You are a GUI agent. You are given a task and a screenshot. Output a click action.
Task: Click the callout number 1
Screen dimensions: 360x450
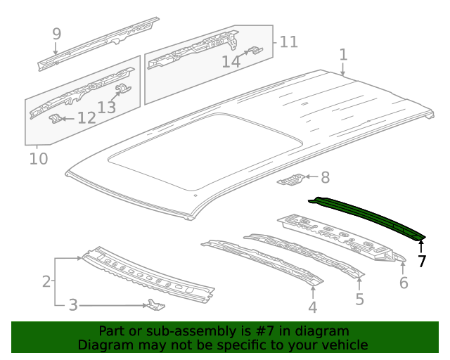tap(343, 54)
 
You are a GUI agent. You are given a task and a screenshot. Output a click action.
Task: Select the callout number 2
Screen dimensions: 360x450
tap(46, 282)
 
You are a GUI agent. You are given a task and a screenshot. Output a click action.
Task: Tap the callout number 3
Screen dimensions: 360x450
tap(72, 305)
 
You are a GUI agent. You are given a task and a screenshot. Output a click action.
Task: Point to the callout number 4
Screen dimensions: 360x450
tap(312, 307)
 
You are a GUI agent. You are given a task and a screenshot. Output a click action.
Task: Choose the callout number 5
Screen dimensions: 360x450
tap(359, 300)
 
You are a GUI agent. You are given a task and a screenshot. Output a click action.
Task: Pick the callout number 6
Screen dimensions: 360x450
tap(404, 283)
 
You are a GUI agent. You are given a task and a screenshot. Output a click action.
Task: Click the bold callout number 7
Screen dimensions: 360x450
tap(422, 262)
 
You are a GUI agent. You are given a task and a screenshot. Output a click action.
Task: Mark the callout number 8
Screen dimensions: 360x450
tap(325, 178)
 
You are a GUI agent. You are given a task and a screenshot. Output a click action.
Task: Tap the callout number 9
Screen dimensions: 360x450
tap(56, 33)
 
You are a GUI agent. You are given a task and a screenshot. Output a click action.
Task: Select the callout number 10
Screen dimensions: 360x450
tap(39, 159)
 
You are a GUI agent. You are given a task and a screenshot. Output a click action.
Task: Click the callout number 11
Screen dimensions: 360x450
tap(289, 42)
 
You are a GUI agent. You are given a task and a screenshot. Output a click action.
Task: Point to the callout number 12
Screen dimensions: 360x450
tap(86, 117)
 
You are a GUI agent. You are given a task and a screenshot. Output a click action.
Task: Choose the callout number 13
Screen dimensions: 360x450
tap(107, 107)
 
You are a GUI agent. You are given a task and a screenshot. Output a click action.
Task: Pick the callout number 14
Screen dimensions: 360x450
tap(231, 62)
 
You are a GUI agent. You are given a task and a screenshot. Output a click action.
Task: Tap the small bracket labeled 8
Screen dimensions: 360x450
tap(292, 181)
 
